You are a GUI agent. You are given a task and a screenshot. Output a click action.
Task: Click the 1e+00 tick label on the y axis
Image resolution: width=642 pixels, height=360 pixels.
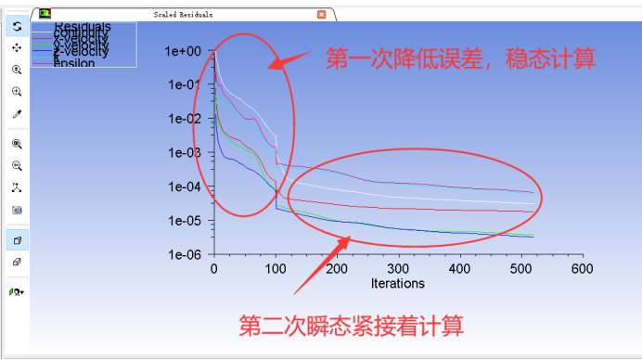coord(184,51)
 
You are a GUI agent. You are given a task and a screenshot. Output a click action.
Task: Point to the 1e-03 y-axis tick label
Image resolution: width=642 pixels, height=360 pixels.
coord(184,153)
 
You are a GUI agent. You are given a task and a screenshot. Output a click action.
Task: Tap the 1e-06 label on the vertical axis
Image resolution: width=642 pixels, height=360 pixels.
coord(184,254)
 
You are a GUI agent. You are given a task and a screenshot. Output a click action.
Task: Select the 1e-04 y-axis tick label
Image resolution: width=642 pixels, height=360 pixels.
coord(184,186)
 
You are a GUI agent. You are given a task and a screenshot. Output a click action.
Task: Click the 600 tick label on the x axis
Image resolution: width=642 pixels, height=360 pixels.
coord(582,269)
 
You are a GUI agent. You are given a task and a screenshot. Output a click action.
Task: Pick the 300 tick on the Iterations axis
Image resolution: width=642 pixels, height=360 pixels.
coord(398,269)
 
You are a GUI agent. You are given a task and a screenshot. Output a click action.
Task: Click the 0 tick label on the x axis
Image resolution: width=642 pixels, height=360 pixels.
coord(214,269)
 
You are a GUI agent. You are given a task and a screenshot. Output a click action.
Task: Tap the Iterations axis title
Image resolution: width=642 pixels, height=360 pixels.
coord(397,283)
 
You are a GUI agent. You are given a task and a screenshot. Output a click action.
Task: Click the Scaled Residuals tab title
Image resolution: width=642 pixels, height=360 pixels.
coord(183,15)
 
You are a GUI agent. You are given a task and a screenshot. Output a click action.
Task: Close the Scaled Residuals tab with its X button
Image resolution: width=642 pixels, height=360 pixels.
coord(322,15)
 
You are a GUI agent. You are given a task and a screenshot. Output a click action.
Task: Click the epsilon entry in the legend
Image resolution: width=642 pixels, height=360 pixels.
coord(74,63)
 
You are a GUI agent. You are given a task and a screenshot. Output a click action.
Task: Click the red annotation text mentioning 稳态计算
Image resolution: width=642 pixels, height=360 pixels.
coord(460,59)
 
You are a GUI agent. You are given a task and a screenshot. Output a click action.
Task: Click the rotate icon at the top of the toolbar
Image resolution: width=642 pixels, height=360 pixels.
coord(17,26)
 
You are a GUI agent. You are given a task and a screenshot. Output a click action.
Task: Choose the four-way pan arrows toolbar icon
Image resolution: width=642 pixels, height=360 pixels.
coord(17,47)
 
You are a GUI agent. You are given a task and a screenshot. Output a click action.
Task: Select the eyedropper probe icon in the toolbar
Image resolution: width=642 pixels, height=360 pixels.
coord(17,114)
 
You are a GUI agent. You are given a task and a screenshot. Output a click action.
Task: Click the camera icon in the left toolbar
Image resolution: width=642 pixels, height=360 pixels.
coord(17,210)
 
